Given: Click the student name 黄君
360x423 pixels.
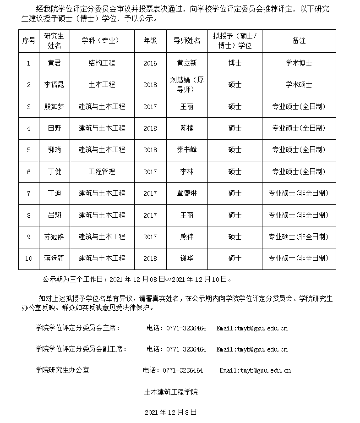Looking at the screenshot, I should (54, 63).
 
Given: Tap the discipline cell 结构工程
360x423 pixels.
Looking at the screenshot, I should (102, 63).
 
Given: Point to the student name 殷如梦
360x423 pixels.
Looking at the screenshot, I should (54, 107).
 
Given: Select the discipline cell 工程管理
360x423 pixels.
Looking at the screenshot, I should (102, 172).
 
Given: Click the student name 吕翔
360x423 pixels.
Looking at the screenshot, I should (54, 215).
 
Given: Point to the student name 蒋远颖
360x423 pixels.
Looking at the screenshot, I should (54, 258).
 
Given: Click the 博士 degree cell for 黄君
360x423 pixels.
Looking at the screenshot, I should (235, 63).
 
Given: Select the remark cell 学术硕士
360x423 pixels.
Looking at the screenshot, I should (299, 85).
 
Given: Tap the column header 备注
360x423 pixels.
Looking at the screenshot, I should (299, 41).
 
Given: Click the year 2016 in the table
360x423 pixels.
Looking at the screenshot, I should (150, 63).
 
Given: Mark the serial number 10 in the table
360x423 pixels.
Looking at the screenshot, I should (29, 258).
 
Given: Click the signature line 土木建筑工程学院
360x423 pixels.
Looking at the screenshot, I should (171, 392).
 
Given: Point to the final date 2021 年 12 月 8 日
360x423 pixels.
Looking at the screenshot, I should (170, 412).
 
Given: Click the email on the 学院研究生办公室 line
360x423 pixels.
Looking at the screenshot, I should (255, 370).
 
